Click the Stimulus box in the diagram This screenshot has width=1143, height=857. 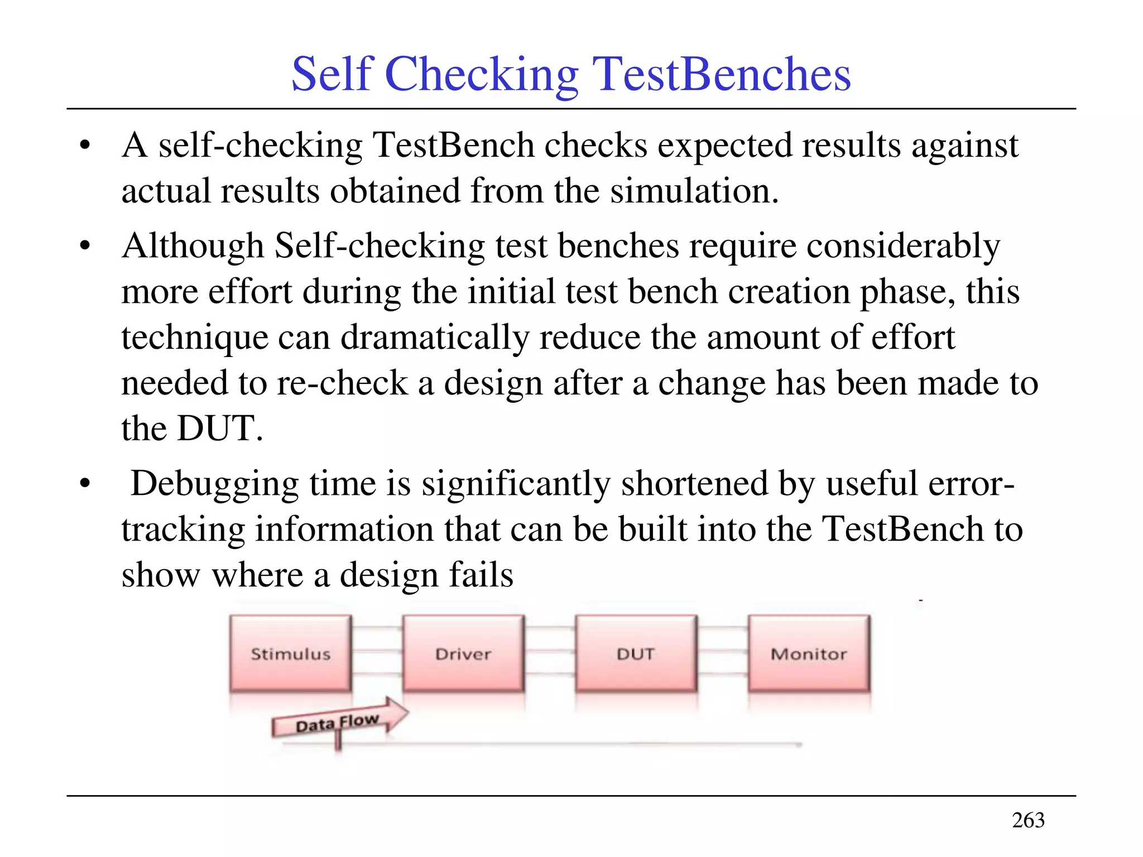[x=290, y=653]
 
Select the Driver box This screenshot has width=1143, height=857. [x=463, y=653]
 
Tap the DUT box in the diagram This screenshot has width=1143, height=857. [x=636, y=653]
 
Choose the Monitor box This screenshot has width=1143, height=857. [x=809, y=653]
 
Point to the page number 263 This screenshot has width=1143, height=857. [x=1028, y=820]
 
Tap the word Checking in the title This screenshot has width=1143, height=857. [x=482, y=75]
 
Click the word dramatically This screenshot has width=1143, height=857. [x=434, y=338]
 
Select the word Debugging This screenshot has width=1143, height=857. [x=215, y=484]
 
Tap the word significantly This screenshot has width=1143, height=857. [x=516, y=484]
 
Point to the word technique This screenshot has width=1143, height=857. [x=195, y=338]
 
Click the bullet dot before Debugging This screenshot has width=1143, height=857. [x=85, y=483]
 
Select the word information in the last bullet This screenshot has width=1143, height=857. [x=344, y=529]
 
